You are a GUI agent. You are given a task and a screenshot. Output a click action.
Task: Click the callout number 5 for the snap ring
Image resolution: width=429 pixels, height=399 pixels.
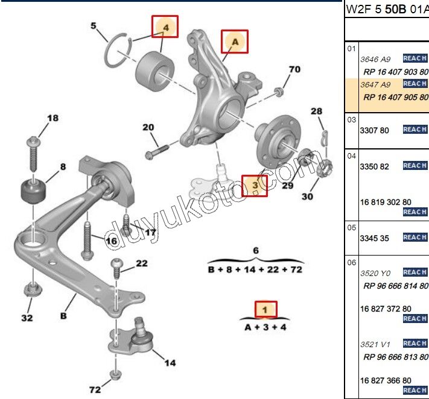click(94, 26)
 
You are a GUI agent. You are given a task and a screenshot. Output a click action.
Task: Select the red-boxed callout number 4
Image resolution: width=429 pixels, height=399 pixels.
click(165, 27)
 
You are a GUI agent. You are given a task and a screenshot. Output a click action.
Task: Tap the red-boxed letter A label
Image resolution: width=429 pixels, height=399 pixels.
click(234, 41)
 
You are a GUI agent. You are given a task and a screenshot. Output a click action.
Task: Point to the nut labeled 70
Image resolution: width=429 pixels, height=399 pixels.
click(279, 92)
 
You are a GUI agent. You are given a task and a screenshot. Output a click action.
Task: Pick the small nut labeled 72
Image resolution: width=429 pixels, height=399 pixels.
click(114, 376)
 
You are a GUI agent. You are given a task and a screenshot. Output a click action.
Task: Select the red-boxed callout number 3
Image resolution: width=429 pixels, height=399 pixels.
click(255, 186)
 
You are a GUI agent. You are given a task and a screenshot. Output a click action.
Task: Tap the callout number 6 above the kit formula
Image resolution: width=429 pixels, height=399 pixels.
click(255, 251)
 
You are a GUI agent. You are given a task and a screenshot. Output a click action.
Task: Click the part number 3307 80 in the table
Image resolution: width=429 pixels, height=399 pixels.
click(374, 130)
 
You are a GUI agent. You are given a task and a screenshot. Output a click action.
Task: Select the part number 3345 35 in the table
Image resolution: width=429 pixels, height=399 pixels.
click(374, 238)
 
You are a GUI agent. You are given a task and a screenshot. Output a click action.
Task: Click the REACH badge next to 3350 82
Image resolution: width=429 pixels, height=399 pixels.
click(415, 165)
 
